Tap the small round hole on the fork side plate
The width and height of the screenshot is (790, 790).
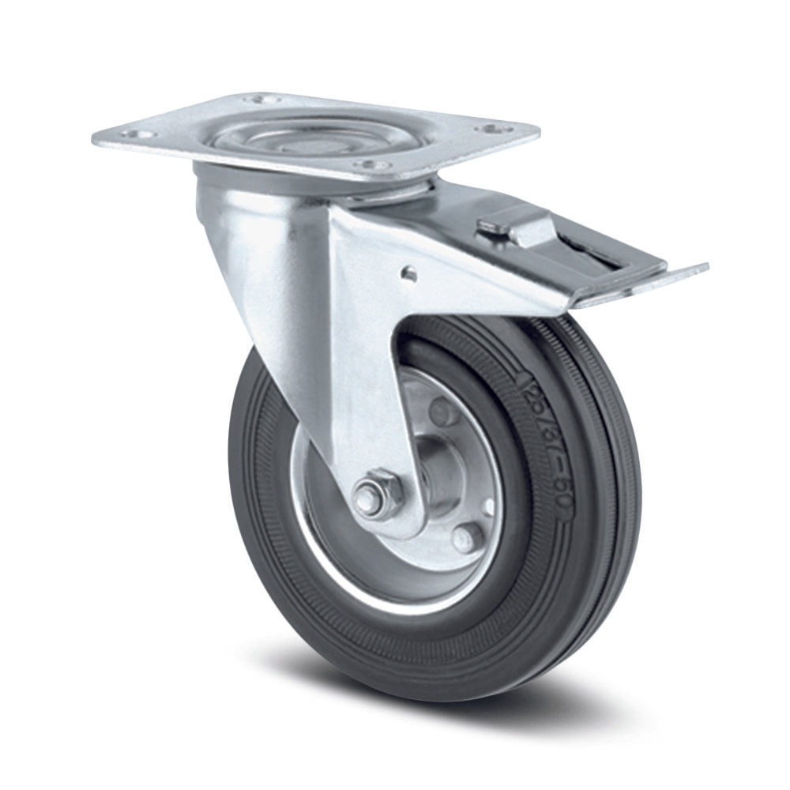(x=408, y=273)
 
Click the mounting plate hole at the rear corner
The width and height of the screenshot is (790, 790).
(x=255, y=100)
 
